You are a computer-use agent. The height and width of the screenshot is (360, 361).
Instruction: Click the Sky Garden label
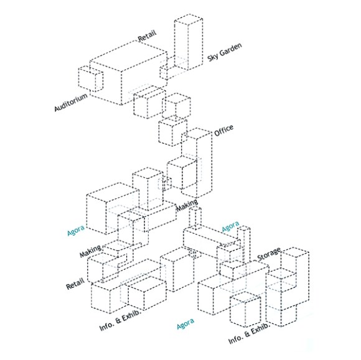tap(225, 52)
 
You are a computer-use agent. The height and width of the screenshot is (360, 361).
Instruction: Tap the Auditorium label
tap(71, 102)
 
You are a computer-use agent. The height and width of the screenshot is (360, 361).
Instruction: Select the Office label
tap(224, 131)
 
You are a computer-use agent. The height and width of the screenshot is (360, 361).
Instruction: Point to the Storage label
tap(269, 254)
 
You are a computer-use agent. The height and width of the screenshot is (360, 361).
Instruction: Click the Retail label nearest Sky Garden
tap(147, 35)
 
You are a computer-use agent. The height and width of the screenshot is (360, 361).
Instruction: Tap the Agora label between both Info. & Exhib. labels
tap(185, 323)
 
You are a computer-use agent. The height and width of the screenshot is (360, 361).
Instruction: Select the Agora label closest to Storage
tap(230, 226)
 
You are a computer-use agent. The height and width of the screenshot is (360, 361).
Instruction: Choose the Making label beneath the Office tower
tap(187, 205)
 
